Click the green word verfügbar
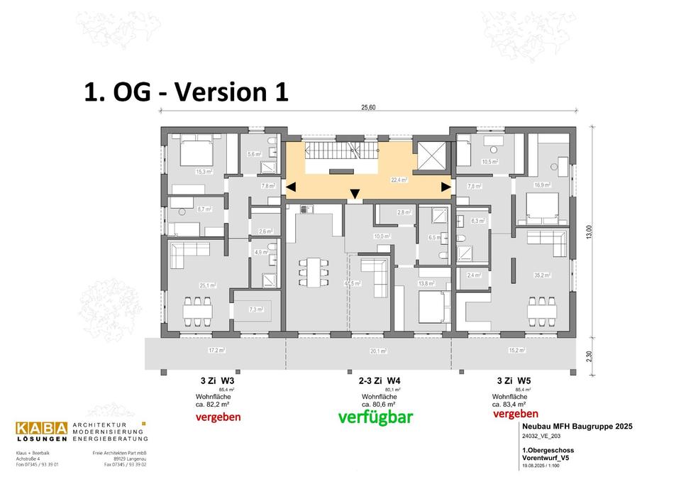pyautogui.click(x=376, y=417)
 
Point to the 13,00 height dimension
pyautogui.click(x=588, y=232)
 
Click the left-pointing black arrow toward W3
pyautogui.click(x=291, y=187)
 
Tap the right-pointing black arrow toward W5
pyautogui.click(x=445, y=187)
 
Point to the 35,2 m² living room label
pyautogui.click(x=542, y=275)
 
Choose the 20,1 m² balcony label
pyautogui.click(x=377, y=351)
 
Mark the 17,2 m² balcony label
pyautogui.click(x=216, y=351)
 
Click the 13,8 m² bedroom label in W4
pyautogui.click(x=426, y=283)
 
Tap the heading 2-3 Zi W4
pyautogui.click(x=380, y=380)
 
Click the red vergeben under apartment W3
pyautogui.click(x=218, y=417)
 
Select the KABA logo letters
pyautogui.click(x=42, y=428)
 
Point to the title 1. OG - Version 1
pyautogui.click(x=186, y=92)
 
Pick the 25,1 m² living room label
pyautogui.click(x=206, y=285)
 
